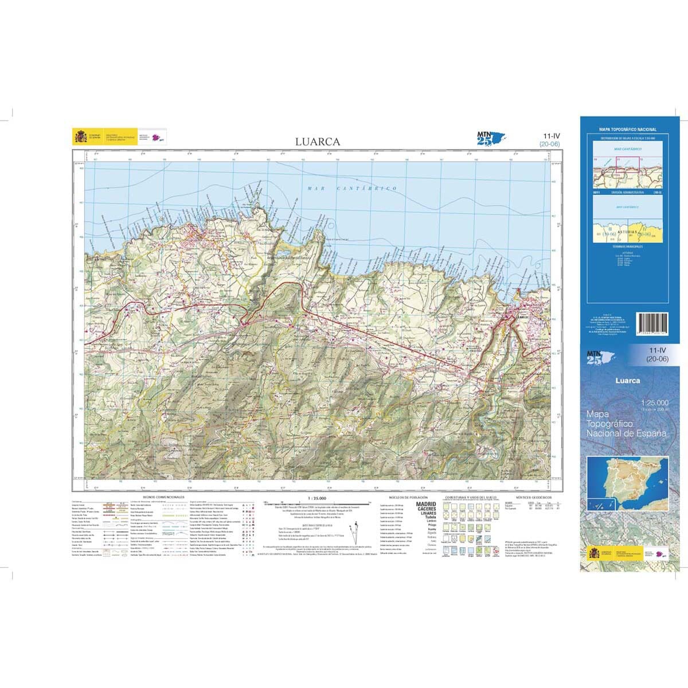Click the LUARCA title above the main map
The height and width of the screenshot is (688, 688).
(318, 142)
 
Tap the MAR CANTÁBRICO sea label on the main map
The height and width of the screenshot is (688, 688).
(352, 189)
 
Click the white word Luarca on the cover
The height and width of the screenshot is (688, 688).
(628, 380)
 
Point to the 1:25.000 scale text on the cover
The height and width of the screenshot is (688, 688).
(654, 403)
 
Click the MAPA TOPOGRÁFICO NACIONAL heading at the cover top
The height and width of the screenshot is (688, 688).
(627, 130)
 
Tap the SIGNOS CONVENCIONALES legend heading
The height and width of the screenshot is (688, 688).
(164, 497)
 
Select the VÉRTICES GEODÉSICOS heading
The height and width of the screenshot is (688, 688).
(533, 497)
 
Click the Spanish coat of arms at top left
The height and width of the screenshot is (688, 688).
(79, 137)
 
